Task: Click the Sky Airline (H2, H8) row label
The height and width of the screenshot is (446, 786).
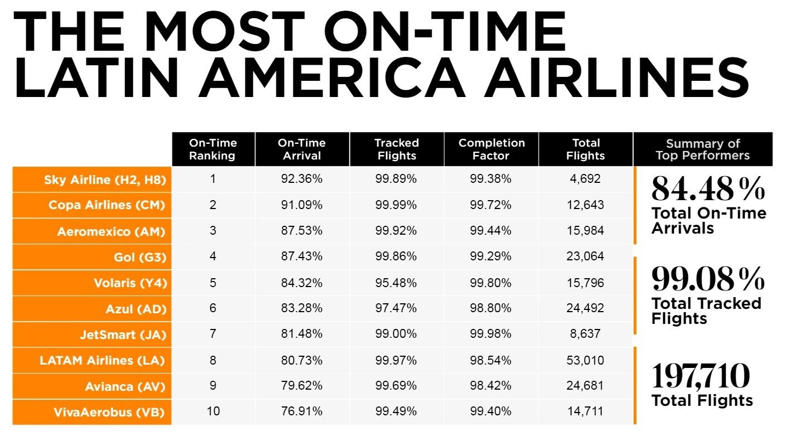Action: click(x=105, y=180)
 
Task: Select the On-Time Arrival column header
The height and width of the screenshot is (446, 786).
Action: click(x=302, y=149)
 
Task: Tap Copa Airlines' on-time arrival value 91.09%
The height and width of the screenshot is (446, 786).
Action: click(x=302, y=205)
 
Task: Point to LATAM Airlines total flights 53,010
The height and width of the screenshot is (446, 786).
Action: click(x=585, y=360)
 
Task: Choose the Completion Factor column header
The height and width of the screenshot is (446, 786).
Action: click(x=491, y=149)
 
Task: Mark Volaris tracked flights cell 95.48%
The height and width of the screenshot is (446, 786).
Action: click(x=396, y=283)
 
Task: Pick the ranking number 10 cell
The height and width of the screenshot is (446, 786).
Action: click(x=213, y=411)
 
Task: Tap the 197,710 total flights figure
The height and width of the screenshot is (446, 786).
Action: click(x=701, y=376)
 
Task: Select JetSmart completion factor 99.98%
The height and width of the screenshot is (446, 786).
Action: click(x=490, y=334)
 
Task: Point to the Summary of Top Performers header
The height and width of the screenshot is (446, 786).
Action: click(x=702, y=149)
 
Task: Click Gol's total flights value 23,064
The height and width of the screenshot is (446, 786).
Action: click(x=585, y=256)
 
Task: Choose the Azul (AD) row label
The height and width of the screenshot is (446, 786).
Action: click(x=136, y=309)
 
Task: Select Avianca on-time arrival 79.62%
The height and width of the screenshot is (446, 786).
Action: click(x=302, y=386)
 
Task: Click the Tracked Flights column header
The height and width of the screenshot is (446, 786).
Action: click(x=396, y=149)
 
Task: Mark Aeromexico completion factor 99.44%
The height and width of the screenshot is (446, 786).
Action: click(x=490, y=231)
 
